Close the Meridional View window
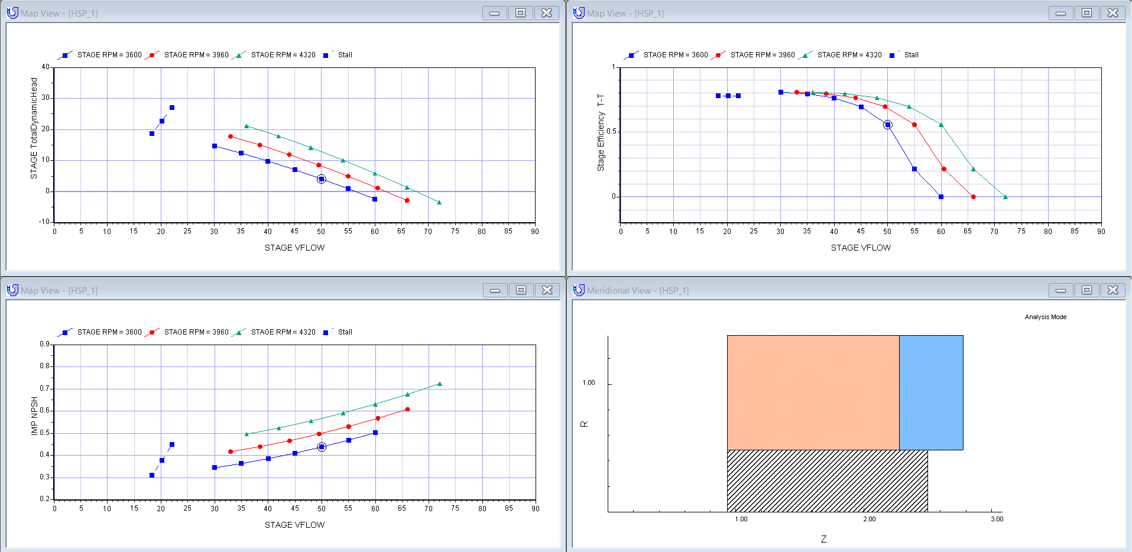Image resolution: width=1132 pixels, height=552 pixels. click(1112, 290)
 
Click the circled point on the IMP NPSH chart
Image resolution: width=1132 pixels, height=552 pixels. click(322, 447)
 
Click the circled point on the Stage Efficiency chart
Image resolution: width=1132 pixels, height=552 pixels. click(887, 125)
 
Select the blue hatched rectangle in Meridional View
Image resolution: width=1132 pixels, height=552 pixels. click(931, 392)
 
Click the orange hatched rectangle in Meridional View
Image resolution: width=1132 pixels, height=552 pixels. click(813, 392)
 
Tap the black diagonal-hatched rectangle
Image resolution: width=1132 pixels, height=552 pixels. click(827, 480)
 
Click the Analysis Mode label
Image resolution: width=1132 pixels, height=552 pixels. click(1045, 317)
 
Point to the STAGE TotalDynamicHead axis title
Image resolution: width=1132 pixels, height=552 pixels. click(34, 128)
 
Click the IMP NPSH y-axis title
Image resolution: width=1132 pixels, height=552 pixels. click(34, 416)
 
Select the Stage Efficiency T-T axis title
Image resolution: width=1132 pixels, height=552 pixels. click(601, 132)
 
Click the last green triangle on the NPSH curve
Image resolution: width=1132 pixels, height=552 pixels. click(439, 384)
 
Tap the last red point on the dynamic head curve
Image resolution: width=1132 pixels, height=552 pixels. click(407, 200)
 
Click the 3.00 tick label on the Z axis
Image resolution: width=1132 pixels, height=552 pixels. click(997, 519)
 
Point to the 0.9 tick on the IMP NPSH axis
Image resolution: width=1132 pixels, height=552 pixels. click(45, 344)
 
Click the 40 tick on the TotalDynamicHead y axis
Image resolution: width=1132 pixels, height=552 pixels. click(46, 67)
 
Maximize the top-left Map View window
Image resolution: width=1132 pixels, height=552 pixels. click(520, 13)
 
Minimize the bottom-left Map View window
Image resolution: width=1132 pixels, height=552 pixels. click(495, 290)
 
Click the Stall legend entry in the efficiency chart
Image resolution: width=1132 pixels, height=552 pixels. click(911, 55)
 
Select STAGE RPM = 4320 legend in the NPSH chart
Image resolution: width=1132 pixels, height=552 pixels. click(283, 332)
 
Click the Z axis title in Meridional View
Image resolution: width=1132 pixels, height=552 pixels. click(823, 539)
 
